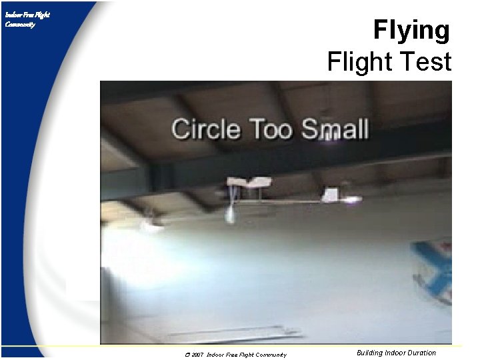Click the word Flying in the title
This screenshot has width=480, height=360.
pos(411,31)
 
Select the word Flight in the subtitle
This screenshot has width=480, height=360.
pos(359,62)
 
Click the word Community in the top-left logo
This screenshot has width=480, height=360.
pos(20,25)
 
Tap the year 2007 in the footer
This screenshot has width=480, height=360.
pos(197,355)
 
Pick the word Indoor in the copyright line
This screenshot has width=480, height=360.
pos(219,355)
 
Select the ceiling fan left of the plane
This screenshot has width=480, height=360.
pos(150,223)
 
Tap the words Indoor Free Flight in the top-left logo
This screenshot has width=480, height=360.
pos(27,14)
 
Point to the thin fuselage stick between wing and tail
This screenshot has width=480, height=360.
pos(293,201)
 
